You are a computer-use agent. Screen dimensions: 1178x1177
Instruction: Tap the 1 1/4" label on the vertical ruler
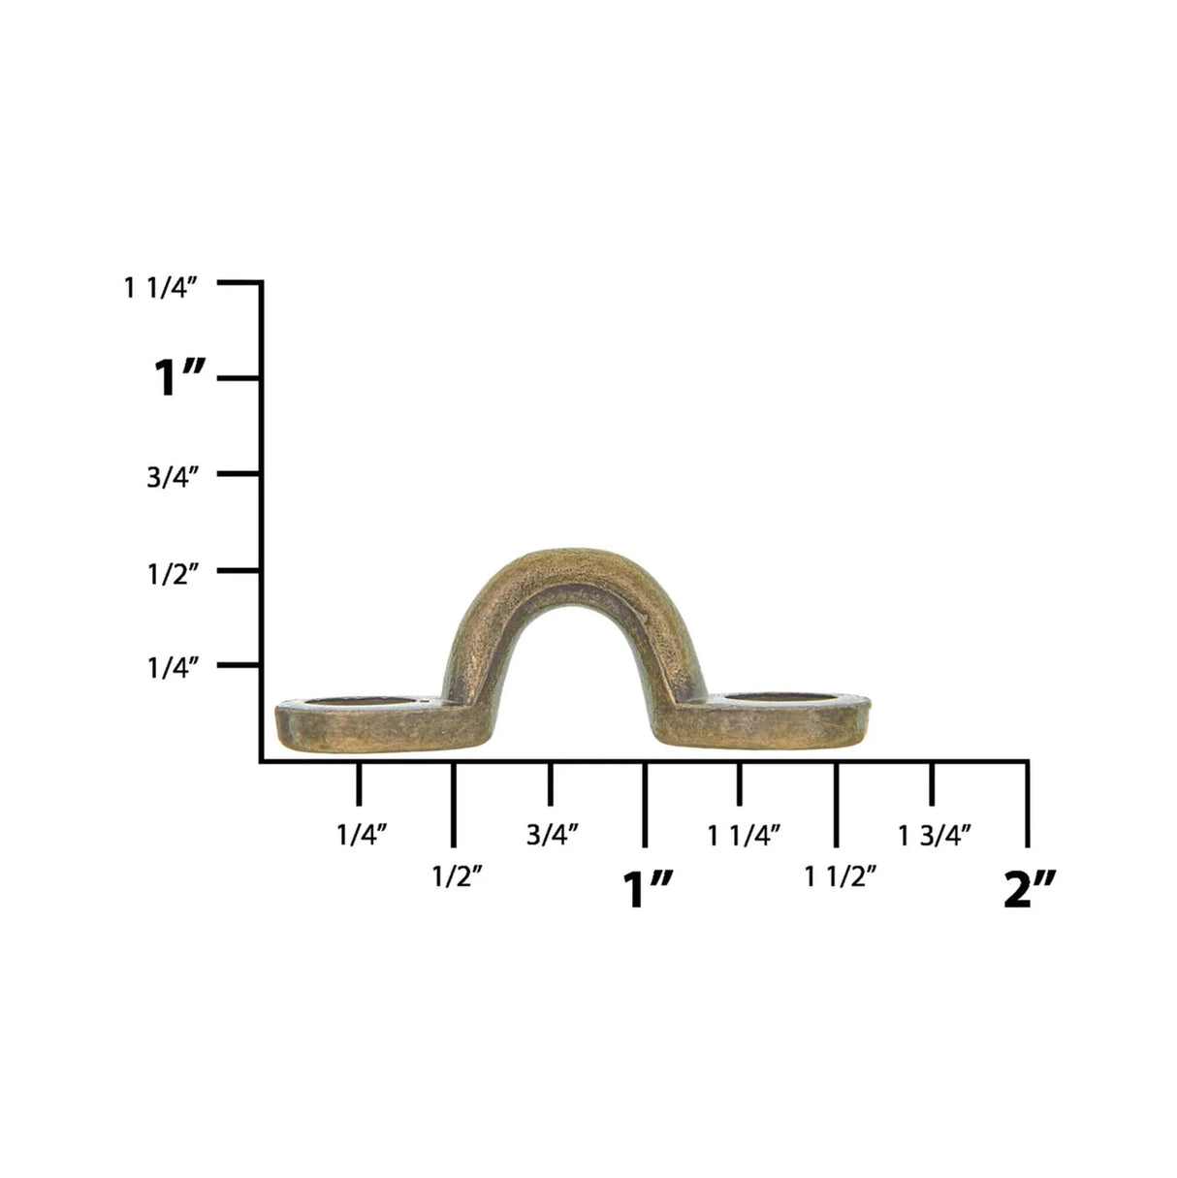(x=162, y=288)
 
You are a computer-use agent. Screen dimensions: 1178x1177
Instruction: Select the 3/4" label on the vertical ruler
(x=174, y=478)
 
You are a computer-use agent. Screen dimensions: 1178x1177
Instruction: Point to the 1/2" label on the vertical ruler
(x=174, y=573)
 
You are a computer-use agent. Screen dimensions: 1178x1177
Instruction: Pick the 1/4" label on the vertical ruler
(x=174, y=668)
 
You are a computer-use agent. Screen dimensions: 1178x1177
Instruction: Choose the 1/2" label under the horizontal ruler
(x=457, y=876)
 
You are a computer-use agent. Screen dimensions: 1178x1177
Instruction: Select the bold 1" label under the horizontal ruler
(x=647, y=889)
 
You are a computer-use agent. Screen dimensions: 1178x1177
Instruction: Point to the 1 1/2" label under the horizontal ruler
(x=841, y=876)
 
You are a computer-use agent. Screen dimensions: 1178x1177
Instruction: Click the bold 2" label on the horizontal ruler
(x=1029, y=889)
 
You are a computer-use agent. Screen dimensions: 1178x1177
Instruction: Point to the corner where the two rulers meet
(x=262, y=761)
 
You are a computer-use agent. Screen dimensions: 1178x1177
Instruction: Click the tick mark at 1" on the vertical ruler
(x=239, y=378)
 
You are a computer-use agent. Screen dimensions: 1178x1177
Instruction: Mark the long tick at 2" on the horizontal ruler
(x=1028, y=803)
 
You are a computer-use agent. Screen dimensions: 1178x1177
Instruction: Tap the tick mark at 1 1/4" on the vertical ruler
(x=239, y=283)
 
